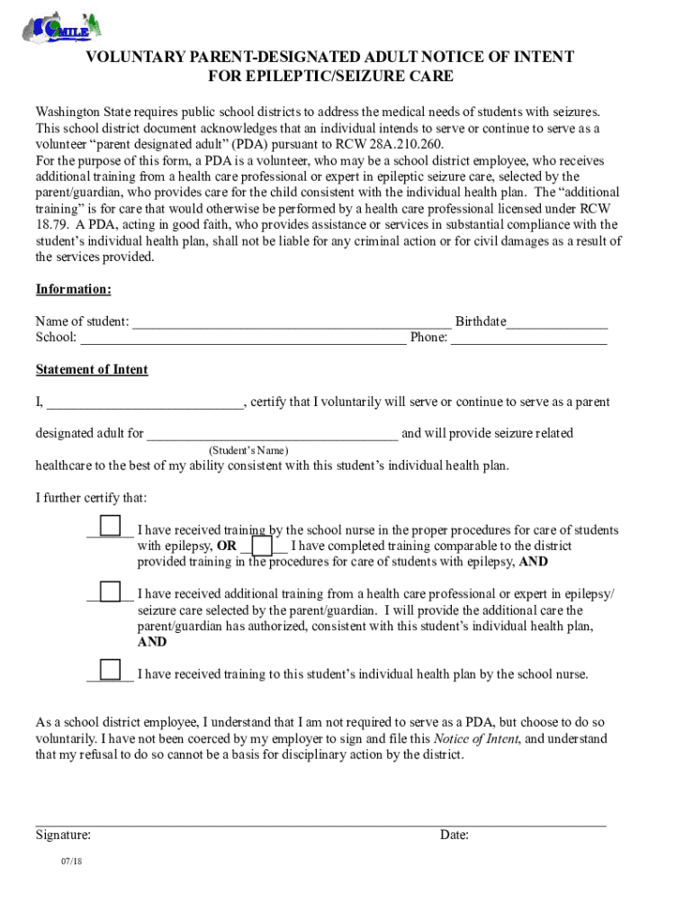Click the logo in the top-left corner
click(61, 26)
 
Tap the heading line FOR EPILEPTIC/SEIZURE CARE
click(330, 77)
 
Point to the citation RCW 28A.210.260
click(395, 144)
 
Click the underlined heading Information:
click(74, 289)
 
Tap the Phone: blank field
click(528, 339)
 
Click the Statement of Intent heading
click(92, 370)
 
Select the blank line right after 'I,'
click(145, 402)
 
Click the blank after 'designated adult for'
click(272, 434)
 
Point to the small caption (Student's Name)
click(248, 449)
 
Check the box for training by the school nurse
click(110, 525)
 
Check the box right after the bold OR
click(262, 546)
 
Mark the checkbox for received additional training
click(110, 592)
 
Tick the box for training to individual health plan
click(110, 670)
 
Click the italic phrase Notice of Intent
click(475, 739)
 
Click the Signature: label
click(63, 836)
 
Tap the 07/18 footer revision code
click(72, 863)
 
